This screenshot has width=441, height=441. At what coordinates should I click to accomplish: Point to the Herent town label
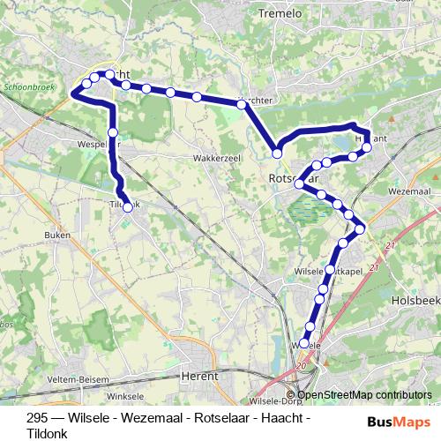[198, 376]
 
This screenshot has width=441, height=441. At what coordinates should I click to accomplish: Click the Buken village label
[56, 235]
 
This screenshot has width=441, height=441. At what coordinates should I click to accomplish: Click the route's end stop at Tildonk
[128, 207]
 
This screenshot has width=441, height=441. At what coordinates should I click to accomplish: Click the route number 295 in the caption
[37, 418]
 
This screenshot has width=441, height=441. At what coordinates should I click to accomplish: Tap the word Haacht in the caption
[278, 418]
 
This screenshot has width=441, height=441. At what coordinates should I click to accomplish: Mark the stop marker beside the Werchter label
[241, 104]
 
